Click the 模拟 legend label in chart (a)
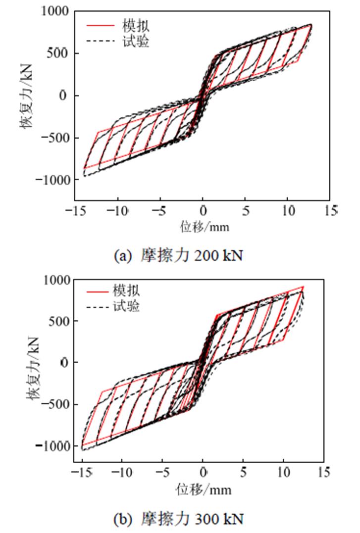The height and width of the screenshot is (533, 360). (131, 24)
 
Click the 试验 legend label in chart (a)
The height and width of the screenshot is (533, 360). (131, 42)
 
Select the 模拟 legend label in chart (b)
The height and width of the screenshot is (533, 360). (126, 290)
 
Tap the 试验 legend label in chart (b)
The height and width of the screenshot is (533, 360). (126, 307)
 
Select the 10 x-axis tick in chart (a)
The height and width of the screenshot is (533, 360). (287, 211)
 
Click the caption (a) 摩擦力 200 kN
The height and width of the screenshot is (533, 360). (179, 256)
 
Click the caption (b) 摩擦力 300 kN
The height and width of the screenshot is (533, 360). (179, 520)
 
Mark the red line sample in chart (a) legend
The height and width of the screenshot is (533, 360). (98, 24)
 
